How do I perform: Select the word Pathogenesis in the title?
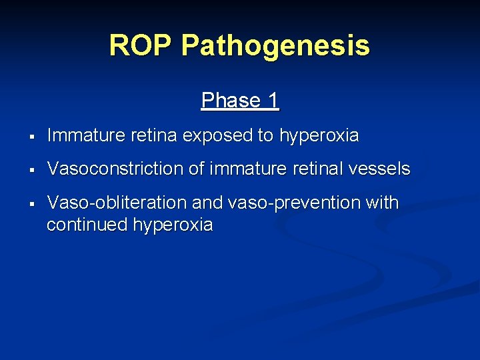(275, 46)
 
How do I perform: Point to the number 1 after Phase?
(273, 101)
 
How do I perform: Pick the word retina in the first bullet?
(154, 136)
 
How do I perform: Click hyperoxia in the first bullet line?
(319, 136)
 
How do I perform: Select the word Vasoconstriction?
(115, 169)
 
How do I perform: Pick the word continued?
(87, 225)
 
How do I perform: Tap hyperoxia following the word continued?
(173, 225)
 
